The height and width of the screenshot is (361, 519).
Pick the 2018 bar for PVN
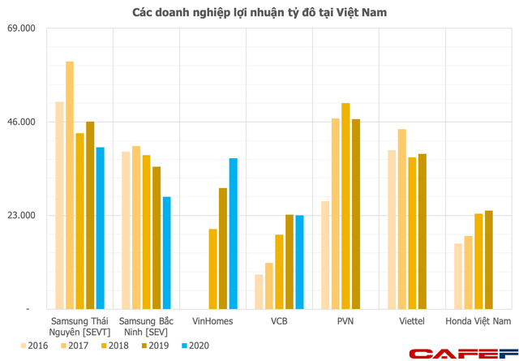(345, 206)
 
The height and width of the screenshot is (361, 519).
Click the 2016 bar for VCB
(259, 292)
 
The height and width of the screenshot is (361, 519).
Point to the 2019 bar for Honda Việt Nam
(488, 260)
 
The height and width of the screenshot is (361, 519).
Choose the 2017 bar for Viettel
(402, 219)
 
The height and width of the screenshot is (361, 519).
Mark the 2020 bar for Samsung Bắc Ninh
(166, 253)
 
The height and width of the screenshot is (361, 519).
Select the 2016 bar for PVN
(325, 255)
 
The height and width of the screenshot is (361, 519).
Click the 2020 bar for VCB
(299, 262)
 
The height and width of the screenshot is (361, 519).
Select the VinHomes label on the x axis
(212, 322)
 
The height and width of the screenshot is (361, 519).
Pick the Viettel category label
(412, 322)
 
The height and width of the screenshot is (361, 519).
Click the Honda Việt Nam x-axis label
(478, 322)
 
